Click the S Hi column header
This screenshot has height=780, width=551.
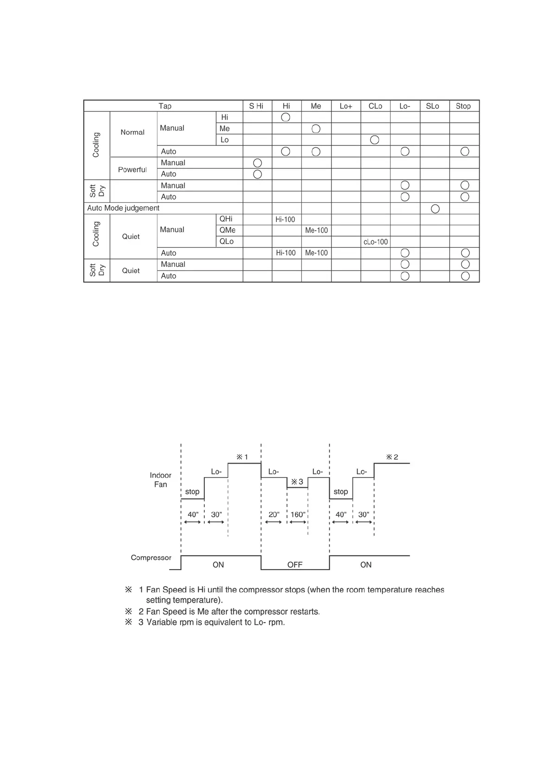pos(256,106)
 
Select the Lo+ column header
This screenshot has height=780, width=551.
pos(346,106)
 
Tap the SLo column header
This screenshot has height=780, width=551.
pos(432,106)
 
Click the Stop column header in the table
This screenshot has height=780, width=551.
pos(463,106)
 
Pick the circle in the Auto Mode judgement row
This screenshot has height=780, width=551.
pos(435,209)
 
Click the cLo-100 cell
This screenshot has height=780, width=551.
pos(376,242)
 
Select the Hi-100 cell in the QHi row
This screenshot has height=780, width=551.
pos(285,220)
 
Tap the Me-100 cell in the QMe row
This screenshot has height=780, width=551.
pos(316,230)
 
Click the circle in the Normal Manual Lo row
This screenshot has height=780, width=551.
pos(375,140)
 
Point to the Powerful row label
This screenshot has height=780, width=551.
pos(132,170)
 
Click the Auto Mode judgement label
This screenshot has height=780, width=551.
pos(123,208)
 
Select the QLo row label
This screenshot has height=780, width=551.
pos(226,241)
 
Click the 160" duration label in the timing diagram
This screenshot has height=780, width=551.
pos(298,515)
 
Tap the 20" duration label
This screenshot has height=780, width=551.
pos(274,515)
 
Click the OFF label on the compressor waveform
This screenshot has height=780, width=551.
pos(294,565)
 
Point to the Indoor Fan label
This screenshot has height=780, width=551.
pos(160,480)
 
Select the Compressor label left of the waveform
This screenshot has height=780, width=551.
pos(151,558)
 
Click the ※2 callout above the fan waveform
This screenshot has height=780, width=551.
pos(392,457)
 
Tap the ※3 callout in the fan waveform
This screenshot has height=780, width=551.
pos(297,482)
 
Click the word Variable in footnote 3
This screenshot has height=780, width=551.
pos(162,622)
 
